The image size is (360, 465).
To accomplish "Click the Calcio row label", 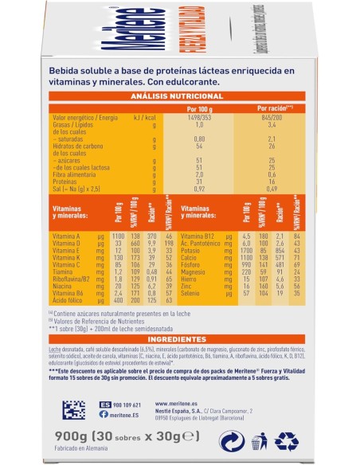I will pyautogui.click(x=192, y=259).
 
